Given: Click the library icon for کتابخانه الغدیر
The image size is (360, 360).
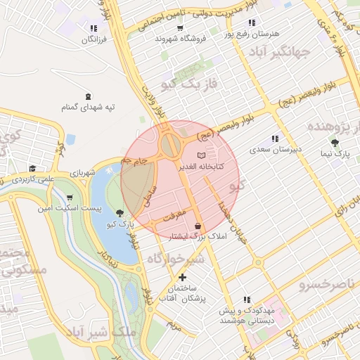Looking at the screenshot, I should click(202, 155).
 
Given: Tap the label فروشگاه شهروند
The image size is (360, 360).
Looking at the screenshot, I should click(180, 39).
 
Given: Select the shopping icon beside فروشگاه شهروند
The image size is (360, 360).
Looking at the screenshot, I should click(180, 28).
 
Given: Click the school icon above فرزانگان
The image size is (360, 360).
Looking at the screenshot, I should click(93, 28).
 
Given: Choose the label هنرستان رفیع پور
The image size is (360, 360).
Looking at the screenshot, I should click(252, 34).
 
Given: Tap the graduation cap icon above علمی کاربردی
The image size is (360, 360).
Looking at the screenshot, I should click(32, 168).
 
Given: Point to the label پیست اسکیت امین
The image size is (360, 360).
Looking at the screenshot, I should click(70, 209).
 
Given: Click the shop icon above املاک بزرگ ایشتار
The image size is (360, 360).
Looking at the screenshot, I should click(198, 226).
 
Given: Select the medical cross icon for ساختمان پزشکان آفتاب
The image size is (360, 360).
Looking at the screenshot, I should click(182, 277).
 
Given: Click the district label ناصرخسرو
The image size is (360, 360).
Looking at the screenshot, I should click(322, 285).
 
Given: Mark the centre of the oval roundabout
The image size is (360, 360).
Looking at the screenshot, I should click(170, 146).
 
